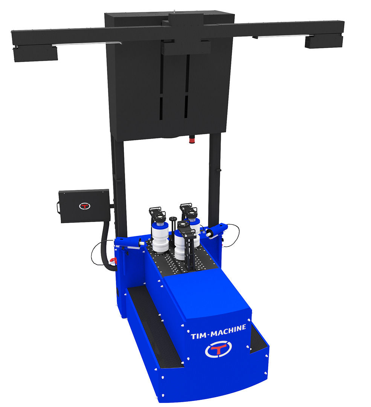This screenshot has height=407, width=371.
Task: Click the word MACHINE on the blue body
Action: [x=228, y=331]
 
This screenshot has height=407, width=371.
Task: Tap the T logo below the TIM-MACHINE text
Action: [x=218, y=349]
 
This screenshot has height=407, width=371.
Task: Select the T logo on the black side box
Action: [x=85, y=206]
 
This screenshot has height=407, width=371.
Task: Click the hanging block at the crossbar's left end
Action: [x=35, y=54]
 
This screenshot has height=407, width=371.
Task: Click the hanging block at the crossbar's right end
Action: [x=324, y=42]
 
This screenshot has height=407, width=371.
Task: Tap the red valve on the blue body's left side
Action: [x=113, y=261]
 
